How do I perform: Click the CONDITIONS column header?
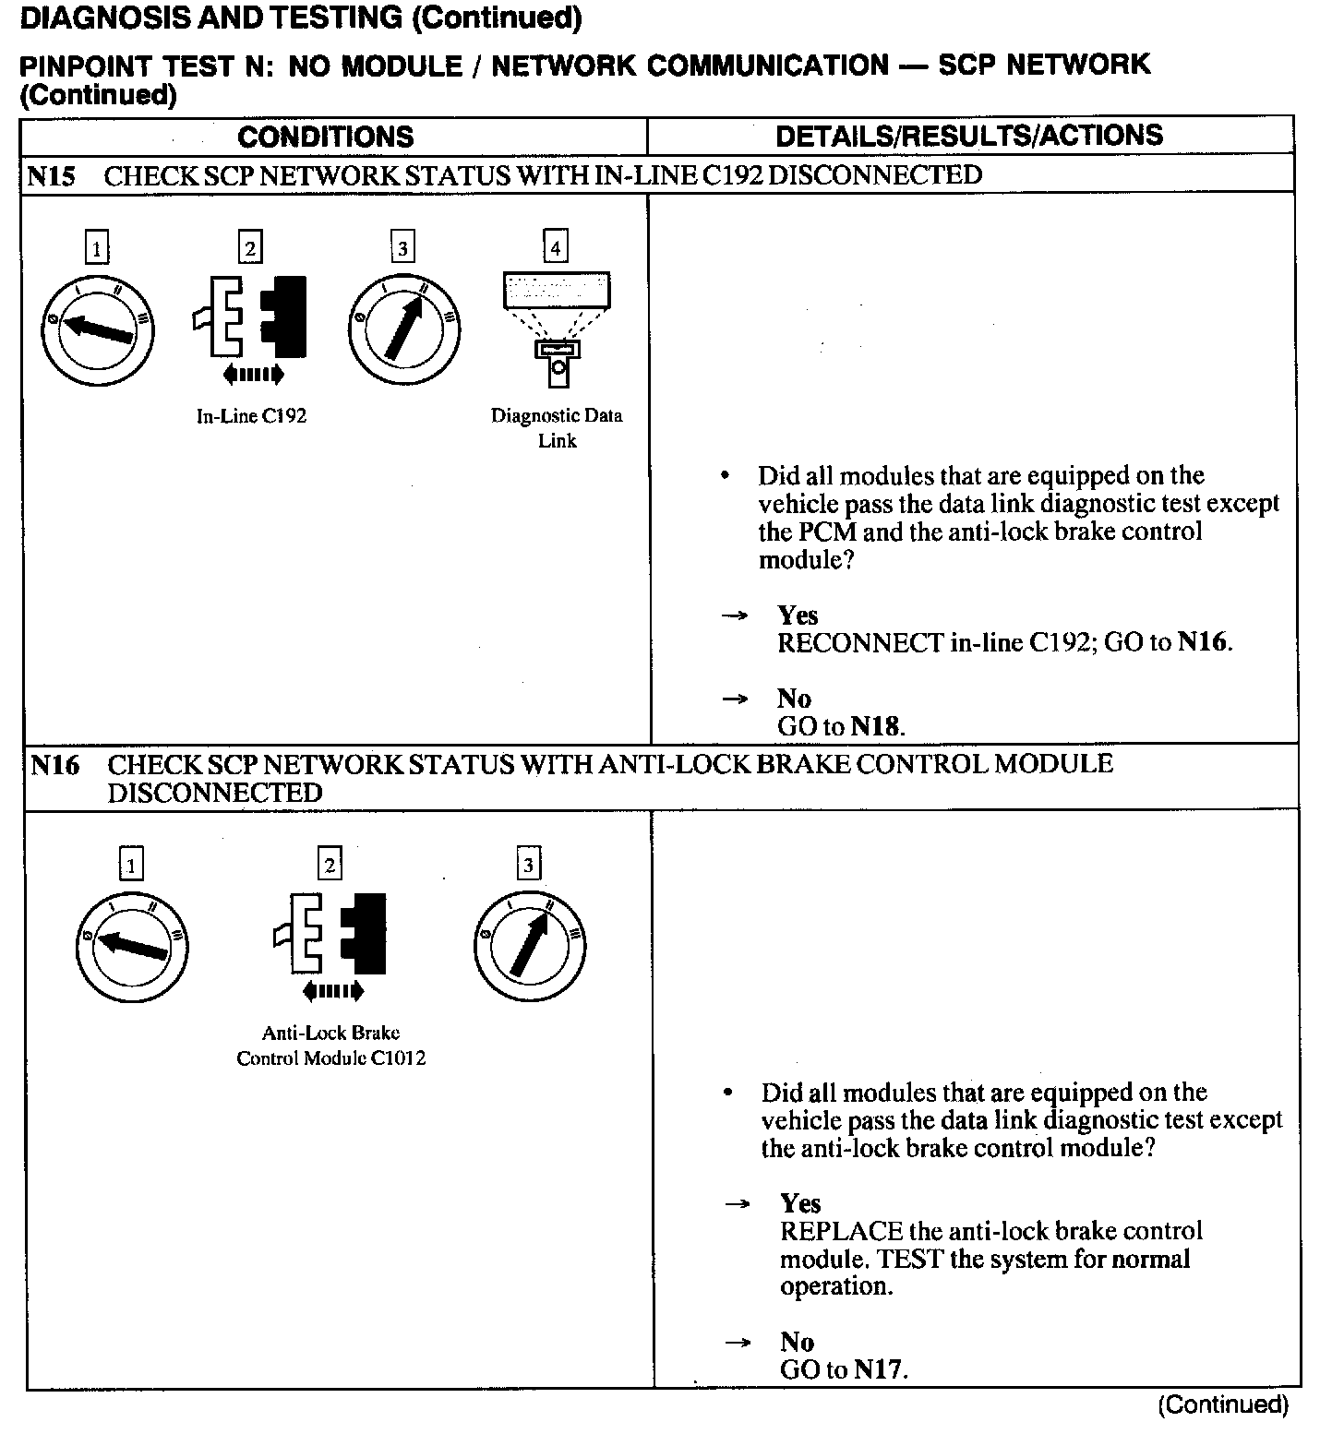325,137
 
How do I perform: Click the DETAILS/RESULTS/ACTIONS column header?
969,136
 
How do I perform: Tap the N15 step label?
51,175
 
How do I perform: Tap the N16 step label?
54,765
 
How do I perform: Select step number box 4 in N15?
555,247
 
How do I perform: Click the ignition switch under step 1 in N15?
97,329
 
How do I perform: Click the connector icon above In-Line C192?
250,318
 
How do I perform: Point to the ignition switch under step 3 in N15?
404,329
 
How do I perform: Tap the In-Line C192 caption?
251,416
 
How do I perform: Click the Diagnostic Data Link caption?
557,428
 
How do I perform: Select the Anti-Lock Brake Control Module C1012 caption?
330,1046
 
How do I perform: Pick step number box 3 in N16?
528,865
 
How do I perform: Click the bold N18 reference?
875,726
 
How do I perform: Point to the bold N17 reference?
878,1369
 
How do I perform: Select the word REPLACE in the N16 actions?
841,1231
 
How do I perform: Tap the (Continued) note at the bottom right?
1222,1404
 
